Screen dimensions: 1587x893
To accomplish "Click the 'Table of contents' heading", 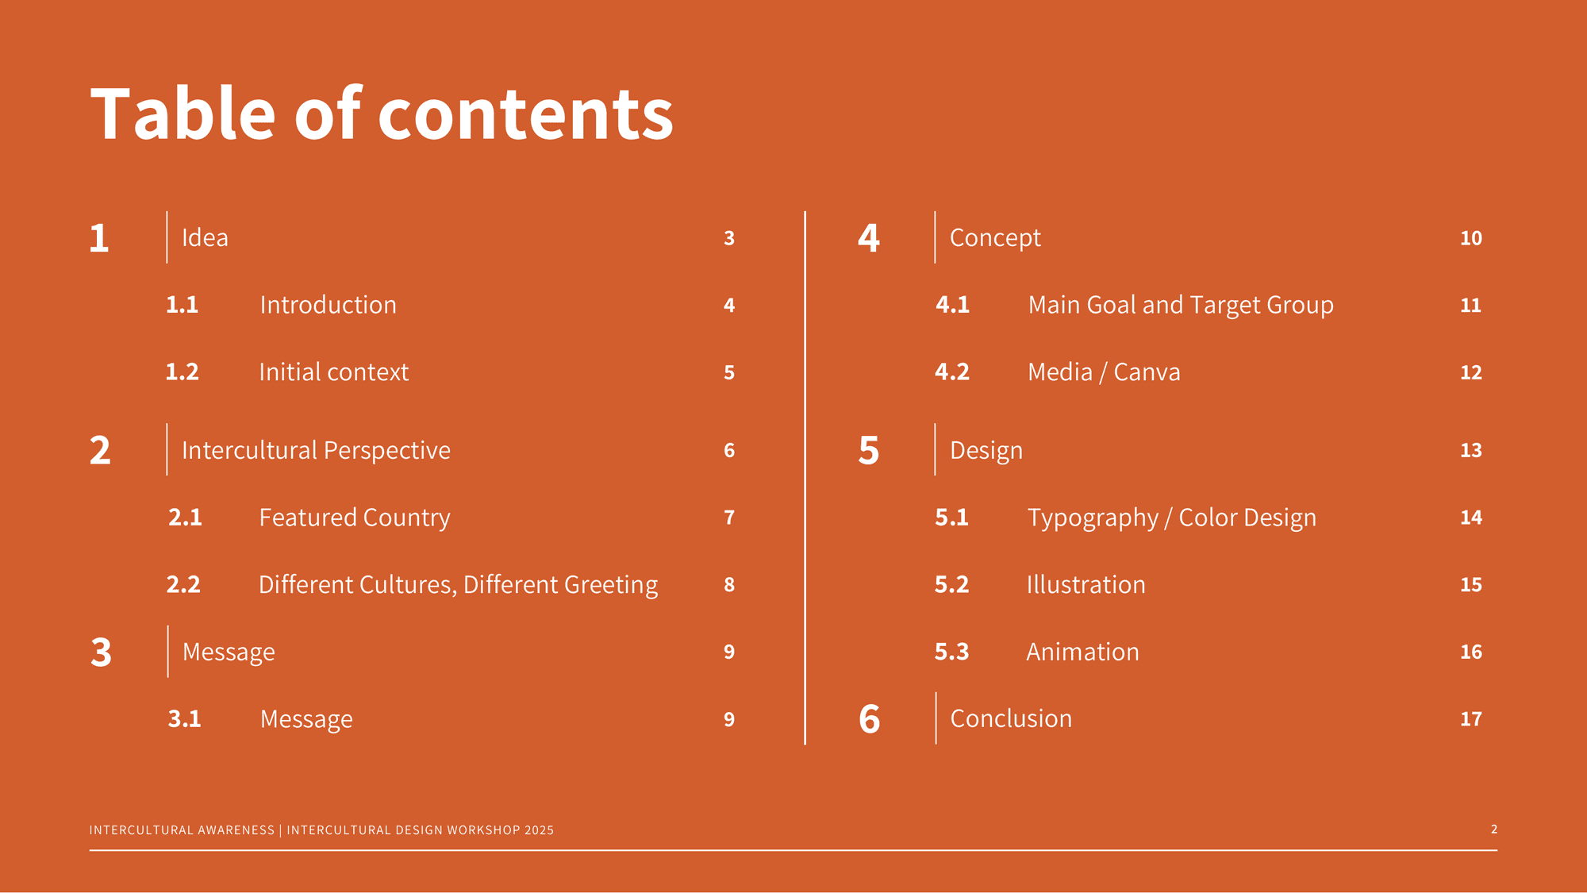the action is [x=382, y=114].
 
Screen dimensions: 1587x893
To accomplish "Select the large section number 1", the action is [x=99, y=238].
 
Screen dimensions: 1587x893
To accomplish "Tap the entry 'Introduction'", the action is [x=328, y=305].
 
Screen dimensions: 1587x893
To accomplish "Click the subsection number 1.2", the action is [x=182, y=372].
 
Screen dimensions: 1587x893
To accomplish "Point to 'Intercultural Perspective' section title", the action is [x=316, y=450].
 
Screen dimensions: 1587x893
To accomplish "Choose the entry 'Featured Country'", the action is [x=355, y=518].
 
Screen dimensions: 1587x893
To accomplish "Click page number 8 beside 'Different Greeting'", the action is [x=729, y=585].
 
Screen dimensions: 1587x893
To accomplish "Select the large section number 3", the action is [x=101, y=652].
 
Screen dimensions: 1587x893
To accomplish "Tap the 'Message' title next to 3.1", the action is [x=306, y=719].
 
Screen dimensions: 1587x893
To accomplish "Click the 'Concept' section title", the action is [x=995, y=238].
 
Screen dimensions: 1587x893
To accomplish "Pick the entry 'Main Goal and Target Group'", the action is [x=1181, y=305].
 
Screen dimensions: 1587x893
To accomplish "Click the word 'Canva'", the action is [x=1147, y=372].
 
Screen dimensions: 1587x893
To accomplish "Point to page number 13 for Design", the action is [x=1471, y=451].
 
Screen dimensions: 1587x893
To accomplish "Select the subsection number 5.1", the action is [x=951, y=518].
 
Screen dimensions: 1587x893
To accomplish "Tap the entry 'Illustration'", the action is [x=1086, y=585].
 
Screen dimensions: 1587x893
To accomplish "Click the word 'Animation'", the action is [x=1082, y=652].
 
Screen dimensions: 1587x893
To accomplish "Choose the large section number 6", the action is [x=870, y=719].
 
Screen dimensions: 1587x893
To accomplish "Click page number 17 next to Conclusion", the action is [x=1471, y=719].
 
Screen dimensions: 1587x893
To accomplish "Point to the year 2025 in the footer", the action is [x=539, y=830].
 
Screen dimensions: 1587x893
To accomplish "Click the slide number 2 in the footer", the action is [x=1494, y=829].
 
